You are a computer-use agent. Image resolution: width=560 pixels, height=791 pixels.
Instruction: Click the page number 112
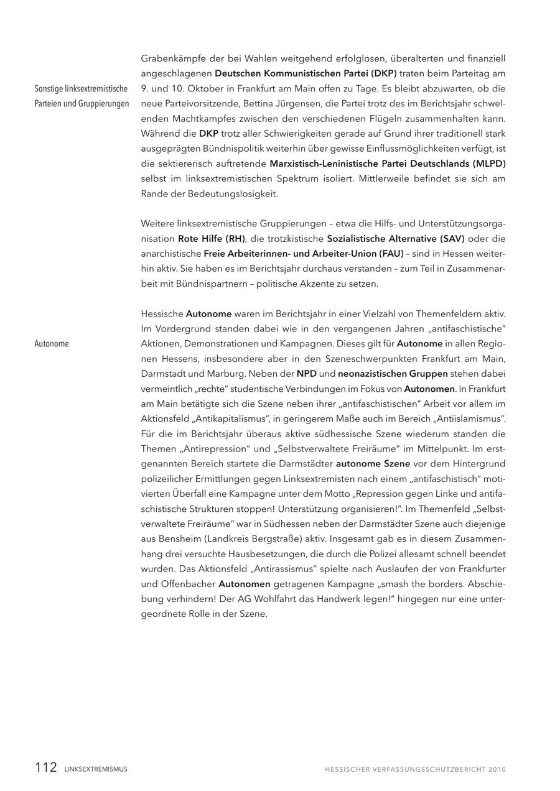point(46,767)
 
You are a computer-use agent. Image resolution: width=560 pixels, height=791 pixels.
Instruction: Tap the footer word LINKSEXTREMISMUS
point(96,769)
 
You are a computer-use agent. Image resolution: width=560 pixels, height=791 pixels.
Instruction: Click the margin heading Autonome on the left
point(52,344)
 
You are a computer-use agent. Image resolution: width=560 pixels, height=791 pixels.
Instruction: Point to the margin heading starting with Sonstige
point(81,89)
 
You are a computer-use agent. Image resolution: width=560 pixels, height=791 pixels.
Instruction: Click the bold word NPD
point(306,374)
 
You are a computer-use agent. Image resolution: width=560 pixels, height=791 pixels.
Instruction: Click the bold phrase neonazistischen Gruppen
point(393,374)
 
